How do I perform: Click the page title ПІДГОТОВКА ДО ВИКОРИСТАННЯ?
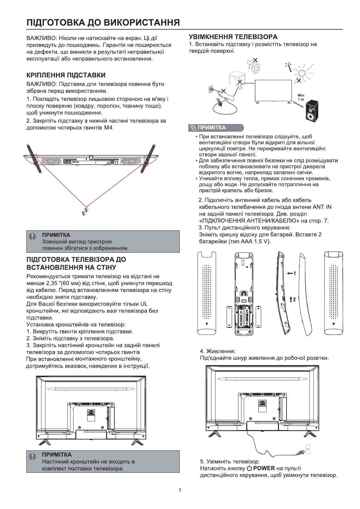coord(103,23)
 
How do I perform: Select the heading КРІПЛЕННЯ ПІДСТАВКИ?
coord(66,75)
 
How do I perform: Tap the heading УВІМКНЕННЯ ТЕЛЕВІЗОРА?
coord(233,37)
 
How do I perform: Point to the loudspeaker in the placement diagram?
coord(312,111)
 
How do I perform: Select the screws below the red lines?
coord(85,211)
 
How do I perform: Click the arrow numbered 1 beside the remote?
coord(291,273)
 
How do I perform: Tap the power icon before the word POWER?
coord(249,468)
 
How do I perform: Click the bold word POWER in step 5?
coord(264,468)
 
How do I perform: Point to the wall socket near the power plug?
coord(308,449)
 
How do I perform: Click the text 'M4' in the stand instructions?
coord(108,128)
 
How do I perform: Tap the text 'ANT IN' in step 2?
coord(322,207)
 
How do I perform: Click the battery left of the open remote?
coord(229,317)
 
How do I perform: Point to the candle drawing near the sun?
coord(289,67)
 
